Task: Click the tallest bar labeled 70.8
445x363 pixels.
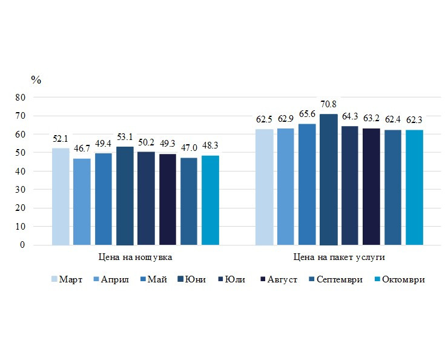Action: click(328, 179)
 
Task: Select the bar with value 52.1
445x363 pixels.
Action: click(61, 196)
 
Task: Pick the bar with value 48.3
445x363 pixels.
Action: click(210, 200)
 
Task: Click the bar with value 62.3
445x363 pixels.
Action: click(414, 187)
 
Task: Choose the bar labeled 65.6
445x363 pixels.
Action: click(307, 184)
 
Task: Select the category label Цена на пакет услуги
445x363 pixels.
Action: click(339, 257)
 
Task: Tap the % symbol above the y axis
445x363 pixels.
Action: click(36, 79)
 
